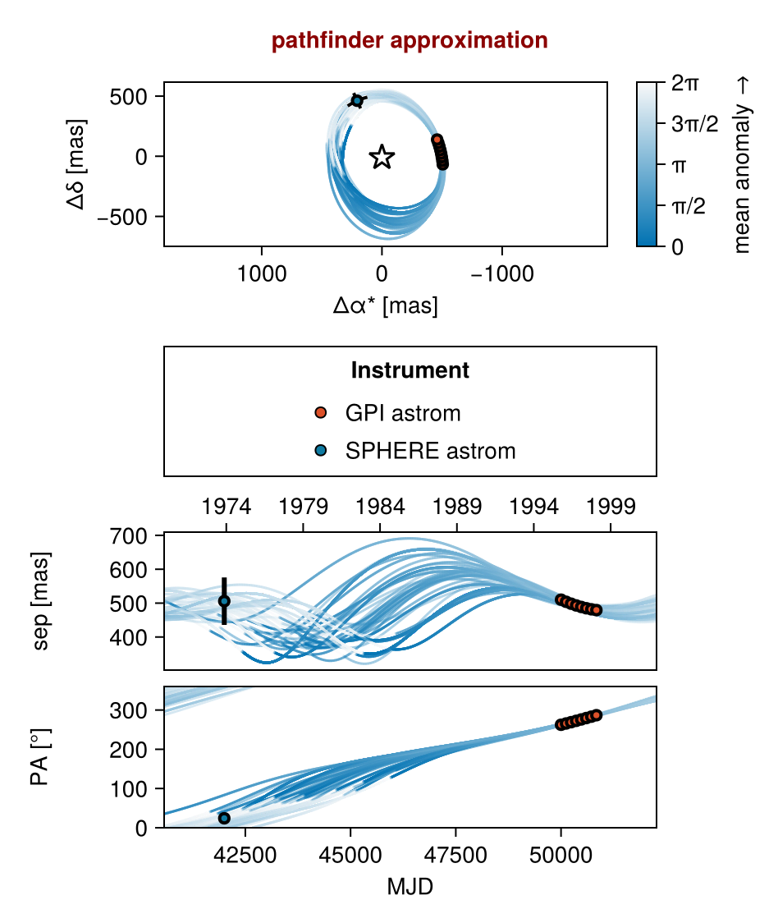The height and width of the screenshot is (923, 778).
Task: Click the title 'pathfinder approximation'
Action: (410, 40)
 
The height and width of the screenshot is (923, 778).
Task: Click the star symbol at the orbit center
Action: (382, 157)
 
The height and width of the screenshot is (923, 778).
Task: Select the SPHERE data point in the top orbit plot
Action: (357, 101)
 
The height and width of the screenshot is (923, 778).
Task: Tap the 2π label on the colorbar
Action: (685, 83)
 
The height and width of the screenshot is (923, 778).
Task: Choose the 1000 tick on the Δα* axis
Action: (262, 274)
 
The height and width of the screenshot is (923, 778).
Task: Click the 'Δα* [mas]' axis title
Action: (385, 306)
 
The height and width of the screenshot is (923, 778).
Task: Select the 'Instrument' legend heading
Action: (410, 371)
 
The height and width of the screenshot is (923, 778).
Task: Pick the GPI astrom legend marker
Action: (321, 412)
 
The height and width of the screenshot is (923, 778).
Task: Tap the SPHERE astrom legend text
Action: (430, 451)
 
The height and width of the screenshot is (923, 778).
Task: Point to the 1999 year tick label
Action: (611, 507)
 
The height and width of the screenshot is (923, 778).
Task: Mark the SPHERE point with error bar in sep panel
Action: (224, 601)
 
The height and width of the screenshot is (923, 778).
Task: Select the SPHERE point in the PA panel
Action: (224, 818)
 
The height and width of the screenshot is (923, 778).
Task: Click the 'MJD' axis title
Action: (410, 888)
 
